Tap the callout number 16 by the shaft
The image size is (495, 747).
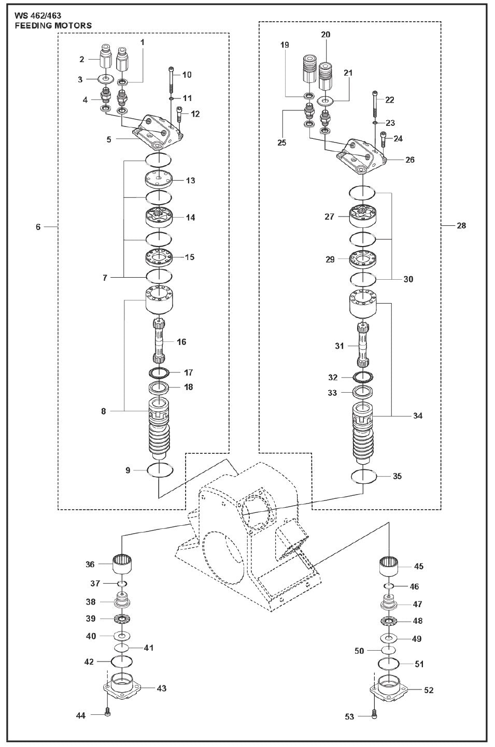[181, 342]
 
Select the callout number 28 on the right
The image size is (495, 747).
[461, 225]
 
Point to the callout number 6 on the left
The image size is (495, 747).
[38, 227]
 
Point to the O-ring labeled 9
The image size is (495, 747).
[160, 470]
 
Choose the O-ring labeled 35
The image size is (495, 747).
[363, 476]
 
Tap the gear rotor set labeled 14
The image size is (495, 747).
[159, 218]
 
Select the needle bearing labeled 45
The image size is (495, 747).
[390, 565]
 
